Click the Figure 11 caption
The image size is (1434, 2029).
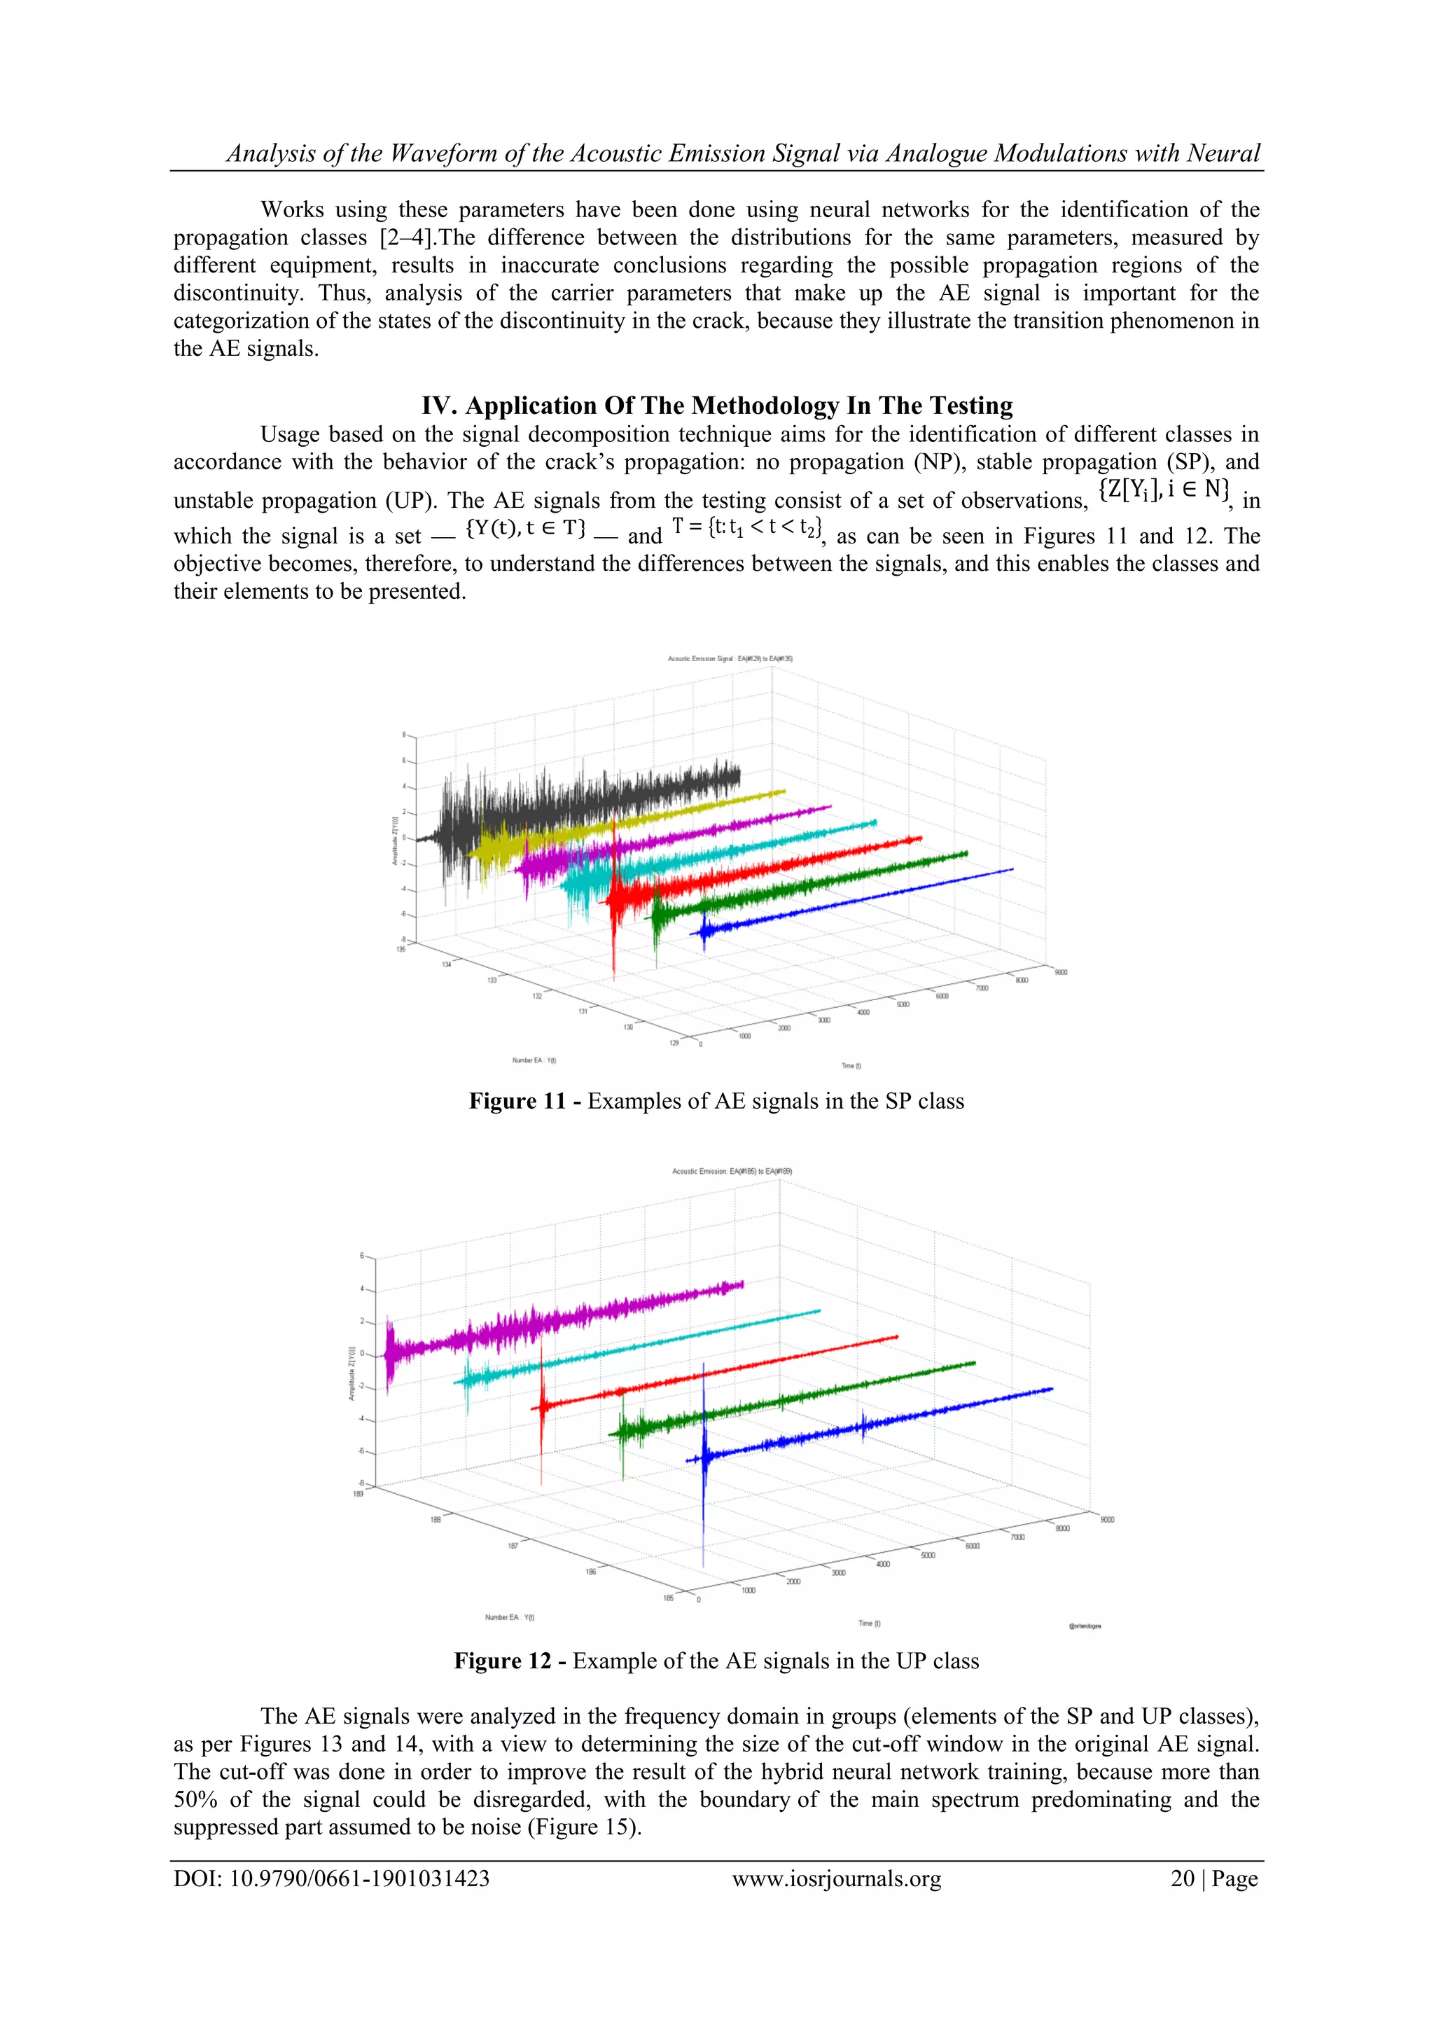[x=716, y=1101]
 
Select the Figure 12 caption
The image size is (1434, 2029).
[x=716, y=1661]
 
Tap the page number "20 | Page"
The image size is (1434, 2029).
[x=1214, y=1879]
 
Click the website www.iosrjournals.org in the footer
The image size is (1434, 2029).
[x=837, y=1879]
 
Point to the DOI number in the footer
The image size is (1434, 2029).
[x=331, y=1879]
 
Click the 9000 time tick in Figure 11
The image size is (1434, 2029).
[x=1060, y=972]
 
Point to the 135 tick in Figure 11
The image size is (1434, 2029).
[x=401, y=949]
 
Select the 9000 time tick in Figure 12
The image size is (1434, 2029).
[x=1107, y=1520]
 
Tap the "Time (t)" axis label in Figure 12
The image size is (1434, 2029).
[x=870, y=1623]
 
